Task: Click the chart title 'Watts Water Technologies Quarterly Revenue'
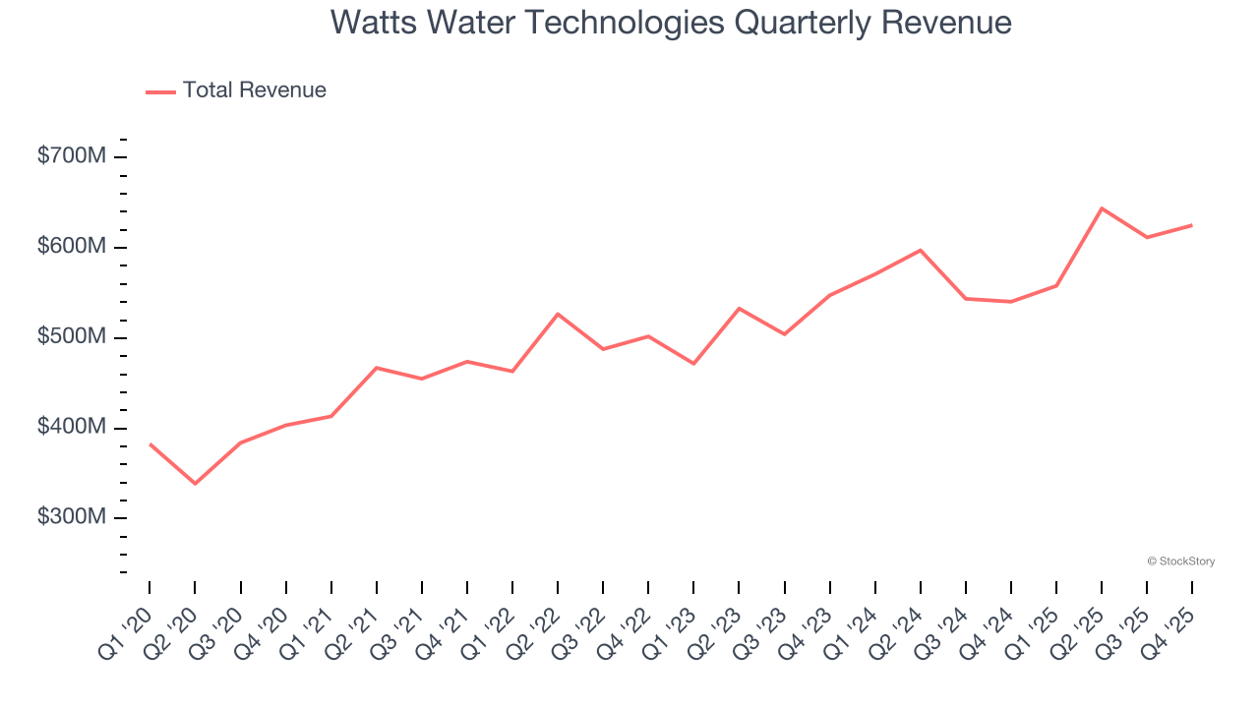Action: point(671,22)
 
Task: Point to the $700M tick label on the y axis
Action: point(71,156)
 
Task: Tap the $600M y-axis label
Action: point(71,247)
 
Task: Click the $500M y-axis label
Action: point(71,337)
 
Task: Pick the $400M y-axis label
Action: point(71,428)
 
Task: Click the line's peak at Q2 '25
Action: point(1102,208)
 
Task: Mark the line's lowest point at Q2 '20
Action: point(195,484)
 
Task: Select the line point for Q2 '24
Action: point(920,250)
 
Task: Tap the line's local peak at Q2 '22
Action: point(558,314)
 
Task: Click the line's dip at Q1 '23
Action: point(693,364)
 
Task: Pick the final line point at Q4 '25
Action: point(1192,225)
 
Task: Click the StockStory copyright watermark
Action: point(1180,561)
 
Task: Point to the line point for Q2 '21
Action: point(377,368)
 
